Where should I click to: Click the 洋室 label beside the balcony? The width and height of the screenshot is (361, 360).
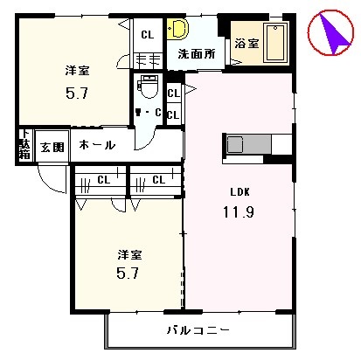(x=130, y=254)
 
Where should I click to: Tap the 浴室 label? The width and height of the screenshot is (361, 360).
(x=246, y=44)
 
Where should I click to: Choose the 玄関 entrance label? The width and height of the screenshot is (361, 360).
(x=50, y=146)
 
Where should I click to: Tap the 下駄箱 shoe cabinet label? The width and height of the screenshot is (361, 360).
(x=24, y=145)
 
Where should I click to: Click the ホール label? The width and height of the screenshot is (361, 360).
(x=96, y=145)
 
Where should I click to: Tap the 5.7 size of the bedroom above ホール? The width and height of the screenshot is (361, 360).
(x=75, y=90)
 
